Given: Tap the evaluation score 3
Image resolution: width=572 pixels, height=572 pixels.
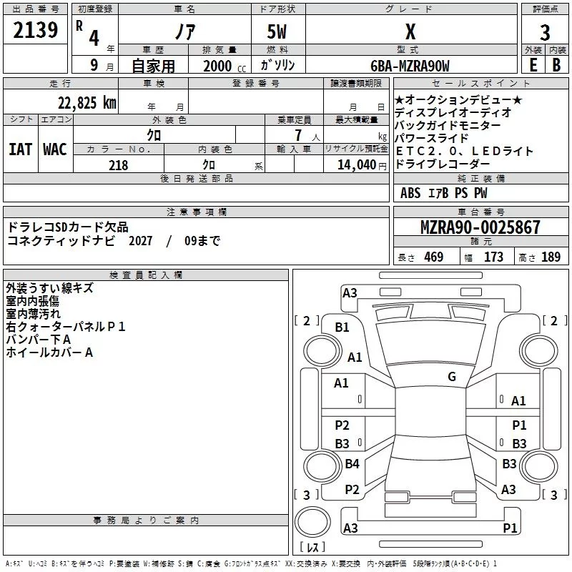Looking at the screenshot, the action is click(545, 32).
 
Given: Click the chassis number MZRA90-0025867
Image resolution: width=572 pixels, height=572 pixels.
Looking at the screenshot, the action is click(480, 227).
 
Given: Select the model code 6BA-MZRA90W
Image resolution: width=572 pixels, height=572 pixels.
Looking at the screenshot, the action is click(410, 66).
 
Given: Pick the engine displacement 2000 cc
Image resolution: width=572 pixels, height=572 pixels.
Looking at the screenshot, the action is click(219, 66).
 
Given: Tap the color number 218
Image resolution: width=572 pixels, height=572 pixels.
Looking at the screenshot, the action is click(118, 165).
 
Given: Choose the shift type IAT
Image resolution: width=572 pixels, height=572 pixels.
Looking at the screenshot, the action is click(20, 149).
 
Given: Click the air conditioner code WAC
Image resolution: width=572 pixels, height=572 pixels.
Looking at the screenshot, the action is click(55, 149).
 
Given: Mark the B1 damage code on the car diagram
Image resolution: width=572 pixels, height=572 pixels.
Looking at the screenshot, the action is click(342, 327).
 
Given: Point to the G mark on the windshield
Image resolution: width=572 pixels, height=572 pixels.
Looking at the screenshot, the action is click(452, 377).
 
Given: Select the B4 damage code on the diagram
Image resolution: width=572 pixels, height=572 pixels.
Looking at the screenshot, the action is click(352, 464).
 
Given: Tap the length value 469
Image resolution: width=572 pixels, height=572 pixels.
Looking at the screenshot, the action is click(433, 257).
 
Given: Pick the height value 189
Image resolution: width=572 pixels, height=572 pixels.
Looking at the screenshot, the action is click(551, 257).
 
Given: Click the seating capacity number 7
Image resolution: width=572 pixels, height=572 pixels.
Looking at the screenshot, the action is click(296, 135).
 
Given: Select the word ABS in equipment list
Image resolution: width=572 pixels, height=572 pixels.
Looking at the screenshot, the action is click(410, 193).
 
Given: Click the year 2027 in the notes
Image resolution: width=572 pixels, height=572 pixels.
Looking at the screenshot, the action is click(142, 241).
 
